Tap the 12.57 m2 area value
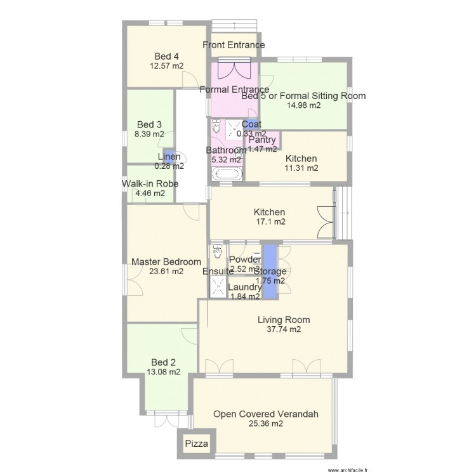pos(168,65)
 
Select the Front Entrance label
pos(234,45)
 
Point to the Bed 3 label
pos(150,124)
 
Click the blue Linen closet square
pos(168,152)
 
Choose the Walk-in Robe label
pos(150,184)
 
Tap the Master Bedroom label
pos(166,261)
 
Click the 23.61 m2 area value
pos(166,271)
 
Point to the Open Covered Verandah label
pos(266,414)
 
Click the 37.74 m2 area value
pos(279,329)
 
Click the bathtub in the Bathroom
pos(227,174)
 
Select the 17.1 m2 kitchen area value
pos(270,222)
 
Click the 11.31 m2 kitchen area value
pos(301,168)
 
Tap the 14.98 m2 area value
pos(303,106)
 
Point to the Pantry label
pos(262,140)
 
